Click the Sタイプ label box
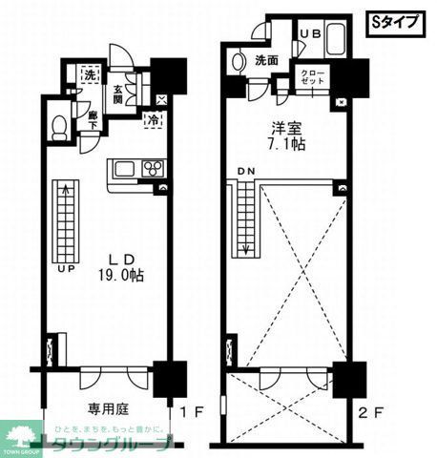(393, 23)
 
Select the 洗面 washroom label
(265, 60)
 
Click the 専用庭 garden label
(110, 408)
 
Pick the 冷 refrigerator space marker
(154, 121)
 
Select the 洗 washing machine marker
(88, 73)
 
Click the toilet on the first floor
(59, 128)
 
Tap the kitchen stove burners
(153, 169)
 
